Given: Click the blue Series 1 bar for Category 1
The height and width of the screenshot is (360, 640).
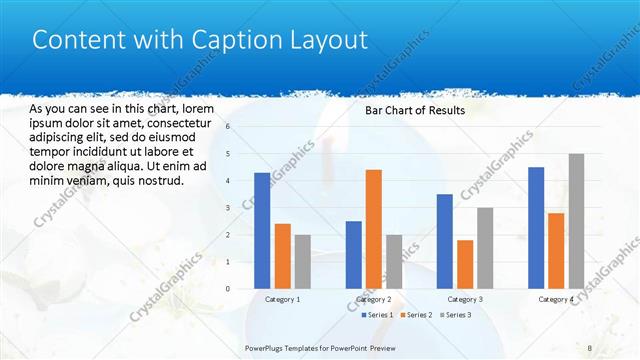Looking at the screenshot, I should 262,231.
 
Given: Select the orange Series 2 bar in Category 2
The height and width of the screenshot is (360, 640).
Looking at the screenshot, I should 374,229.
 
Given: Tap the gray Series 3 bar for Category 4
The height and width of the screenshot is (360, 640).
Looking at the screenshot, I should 576,221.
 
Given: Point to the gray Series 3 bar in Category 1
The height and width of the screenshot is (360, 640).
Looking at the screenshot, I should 302,262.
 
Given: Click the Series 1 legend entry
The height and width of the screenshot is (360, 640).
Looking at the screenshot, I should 376,315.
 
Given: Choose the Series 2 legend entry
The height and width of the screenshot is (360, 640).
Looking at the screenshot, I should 414,315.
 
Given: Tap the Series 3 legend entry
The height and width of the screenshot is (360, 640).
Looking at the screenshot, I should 453,315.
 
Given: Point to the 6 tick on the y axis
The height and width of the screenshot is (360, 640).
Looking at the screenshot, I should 229,127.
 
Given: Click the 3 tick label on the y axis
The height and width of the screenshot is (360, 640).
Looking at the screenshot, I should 229,208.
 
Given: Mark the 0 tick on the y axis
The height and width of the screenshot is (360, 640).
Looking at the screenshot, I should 229,289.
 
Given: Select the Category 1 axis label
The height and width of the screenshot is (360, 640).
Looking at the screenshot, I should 282,299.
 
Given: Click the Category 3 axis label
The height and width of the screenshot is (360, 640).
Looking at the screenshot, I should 465,299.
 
